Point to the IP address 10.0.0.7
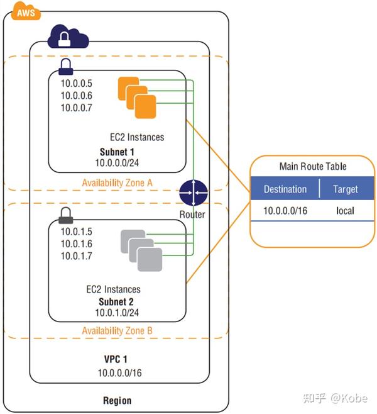point(76,108)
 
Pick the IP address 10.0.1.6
point(76,243)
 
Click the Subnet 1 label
point(117,152)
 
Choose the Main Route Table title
point(312,167)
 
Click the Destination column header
point(285,189)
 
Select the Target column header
point(345,189)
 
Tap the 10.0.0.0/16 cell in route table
point(286,211)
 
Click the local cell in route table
point(345,211)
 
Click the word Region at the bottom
point(117,400)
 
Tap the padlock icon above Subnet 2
point(65,216)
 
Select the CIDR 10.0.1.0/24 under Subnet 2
point(117,312)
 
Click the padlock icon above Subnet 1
point(65,65)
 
